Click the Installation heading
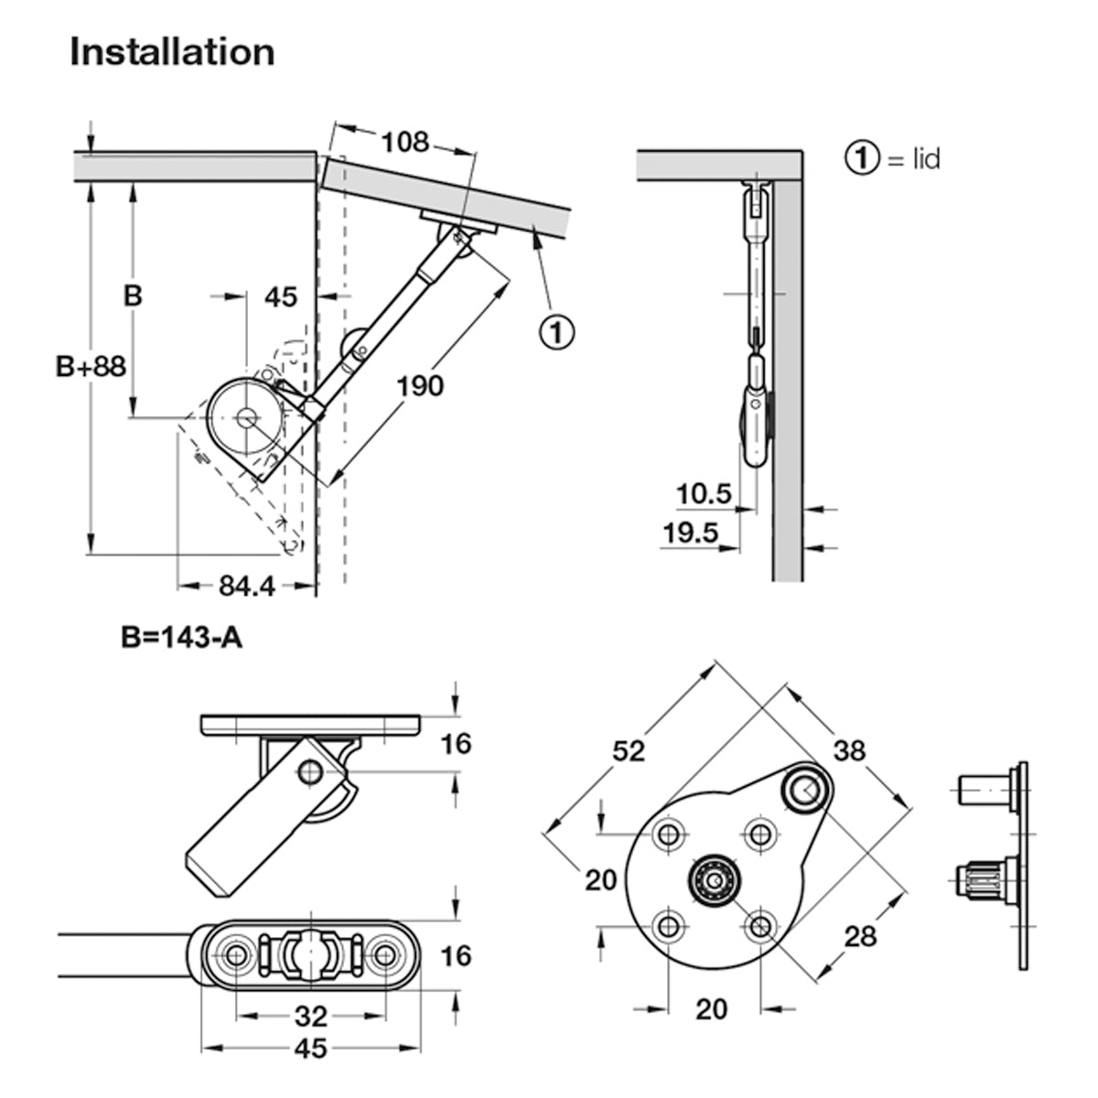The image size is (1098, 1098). point(172,52)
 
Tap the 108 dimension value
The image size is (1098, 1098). point(404,142)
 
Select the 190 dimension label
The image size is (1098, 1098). point(420,385)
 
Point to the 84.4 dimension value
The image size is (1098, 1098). point(247,586)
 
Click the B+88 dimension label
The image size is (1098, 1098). point(91,366)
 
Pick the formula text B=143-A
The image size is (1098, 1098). point(181,637)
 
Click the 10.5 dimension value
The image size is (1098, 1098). point(704,495)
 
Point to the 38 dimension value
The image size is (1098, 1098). point(849,750)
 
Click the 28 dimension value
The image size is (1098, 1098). point(860,935)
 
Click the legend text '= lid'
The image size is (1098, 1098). point(912,159)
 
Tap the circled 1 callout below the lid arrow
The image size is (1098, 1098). point(556,330)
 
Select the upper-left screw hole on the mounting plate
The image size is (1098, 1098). point(669,834)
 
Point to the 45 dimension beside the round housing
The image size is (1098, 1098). point(281,297)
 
